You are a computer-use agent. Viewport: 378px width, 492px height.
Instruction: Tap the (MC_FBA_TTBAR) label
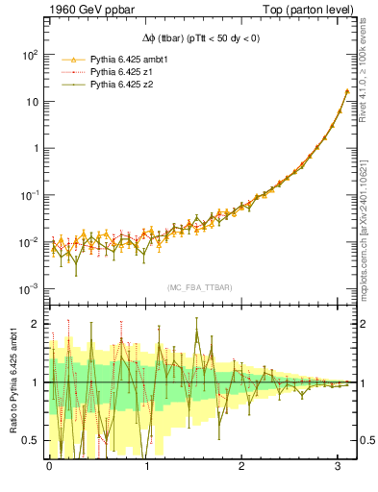pos(198,287)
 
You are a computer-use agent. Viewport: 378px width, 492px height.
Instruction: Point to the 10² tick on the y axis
pos(29,55)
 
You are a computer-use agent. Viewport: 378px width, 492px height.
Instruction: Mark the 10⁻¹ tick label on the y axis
pos(29,195)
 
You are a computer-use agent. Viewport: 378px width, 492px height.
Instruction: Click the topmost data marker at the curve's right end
pos(347,91)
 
